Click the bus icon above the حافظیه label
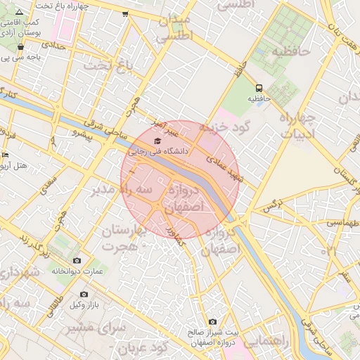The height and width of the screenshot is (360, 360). coord(259,88)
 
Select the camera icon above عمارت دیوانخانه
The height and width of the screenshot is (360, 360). coord(77,261)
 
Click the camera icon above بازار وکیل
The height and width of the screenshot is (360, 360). coord(84,294)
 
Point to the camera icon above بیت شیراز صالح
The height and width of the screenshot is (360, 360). coord(212,322)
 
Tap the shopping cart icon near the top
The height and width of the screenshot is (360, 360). coord(125,13)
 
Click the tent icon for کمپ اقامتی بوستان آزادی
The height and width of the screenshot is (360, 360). coord(19,12)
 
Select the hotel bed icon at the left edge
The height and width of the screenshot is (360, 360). coord(6,155)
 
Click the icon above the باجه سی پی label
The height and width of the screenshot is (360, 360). coord(20,47)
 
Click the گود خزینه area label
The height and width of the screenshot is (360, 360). coord(224,127)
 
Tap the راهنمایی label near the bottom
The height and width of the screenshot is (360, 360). coord(264,340)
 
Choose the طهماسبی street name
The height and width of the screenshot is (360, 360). coord(344,223)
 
